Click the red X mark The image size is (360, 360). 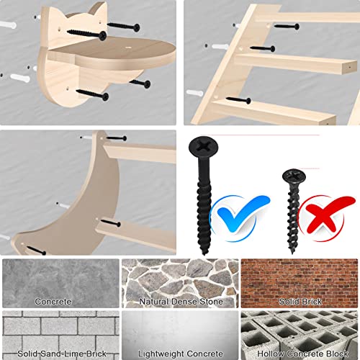coord(325,217)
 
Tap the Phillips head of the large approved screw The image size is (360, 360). coord(204,147)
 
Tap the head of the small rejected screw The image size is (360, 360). coord(294,176)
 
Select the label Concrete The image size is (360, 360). coord(53,302)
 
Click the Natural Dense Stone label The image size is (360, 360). coord(181,302)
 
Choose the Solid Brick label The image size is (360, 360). coord(300,302)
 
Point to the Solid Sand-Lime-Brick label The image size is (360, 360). coord(62,354)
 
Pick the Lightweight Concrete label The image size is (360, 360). coord(181,354)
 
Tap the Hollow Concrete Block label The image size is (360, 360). coord(302,354)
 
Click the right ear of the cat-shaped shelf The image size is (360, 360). coord(99,9)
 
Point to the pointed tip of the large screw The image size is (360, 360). coord(204,253)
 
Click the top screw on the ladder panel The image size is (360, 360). coord(287,26)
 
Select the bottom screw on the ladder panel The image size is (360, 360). coord(238,100)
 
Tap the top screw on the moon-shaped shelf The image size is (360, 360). coord(117,138)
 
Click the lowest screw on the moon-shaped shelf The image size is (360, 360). coord(36,251)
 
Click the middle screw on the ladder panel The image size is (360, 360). coord(263,48)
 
